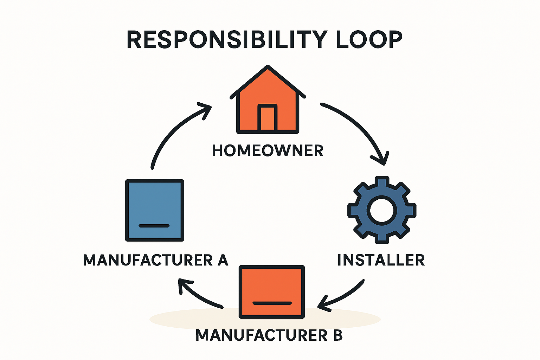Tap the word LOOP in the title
click(x=369, y=39)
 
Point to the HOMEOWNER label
click(x=268, y=151)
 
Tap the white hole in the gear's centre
click(x=382, y=210)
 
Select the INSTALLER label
click(x=381, y=260)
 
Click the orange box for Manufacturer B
click(x=272, y=292)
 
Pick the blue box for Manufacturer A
click(x=155, y=210)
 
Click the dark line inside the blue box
click(x=154, y=226)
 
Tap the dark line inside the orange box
click(x=272, y=303)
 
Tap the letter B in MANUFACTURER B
click(x=337, y=335)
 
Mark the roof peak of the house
click(x=268, y=67)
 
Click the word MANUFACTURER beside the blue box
click(x=148, y=260)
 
